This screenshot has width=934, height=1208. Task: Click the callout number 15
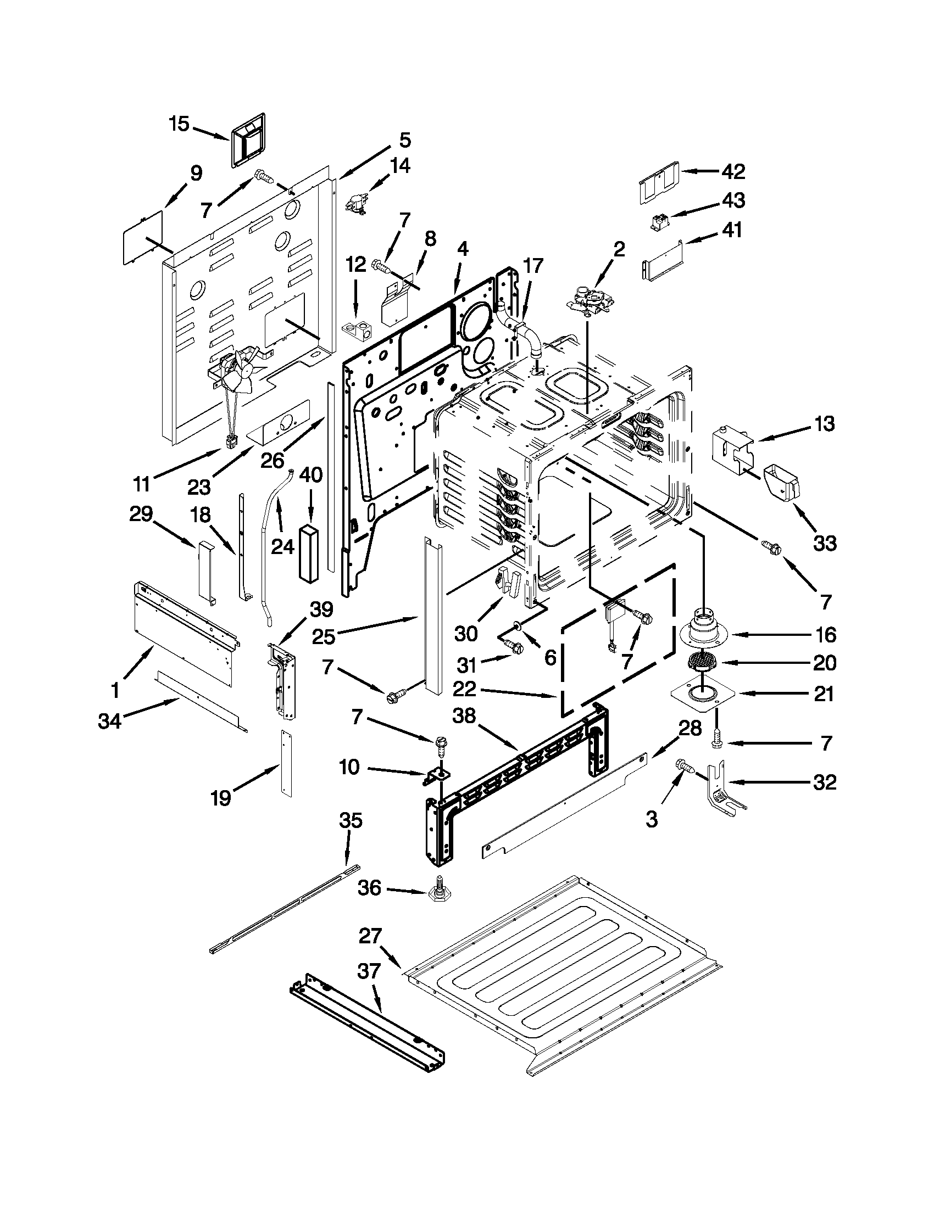pos(179,124)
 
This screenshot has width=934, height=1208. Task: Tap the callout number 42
pos(733,171)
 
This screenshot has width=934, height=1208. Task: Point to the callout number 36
pos(369,888)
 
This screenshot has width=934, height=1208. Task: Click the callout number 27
pos(370,936)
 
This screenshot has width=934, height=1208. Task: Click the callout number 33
pos(825,543)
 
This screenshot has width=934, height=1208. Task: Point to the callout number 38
pos(464,715)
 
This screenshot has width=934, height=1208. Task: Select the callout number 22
pos(465,690)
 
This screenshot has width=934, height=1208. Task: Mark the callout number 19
pos(220,798)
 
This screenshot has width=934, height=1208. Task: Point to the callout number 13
pos(825,424)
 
